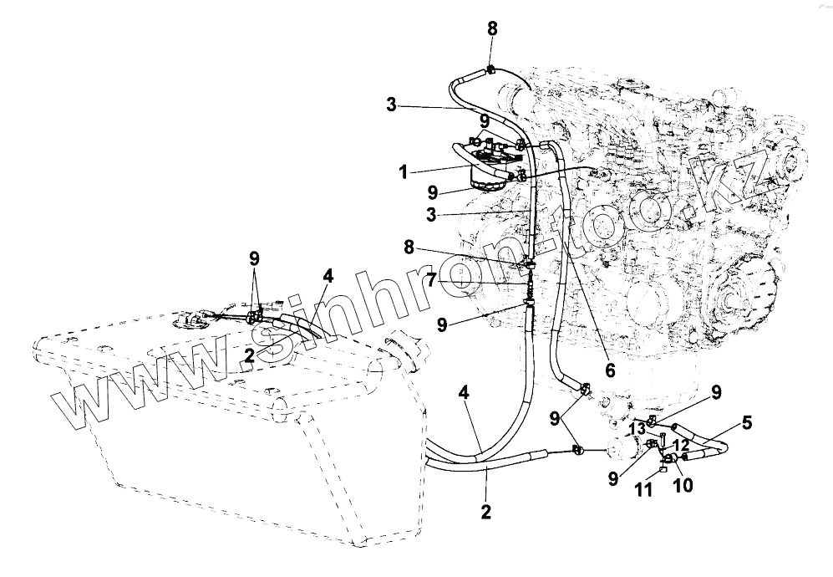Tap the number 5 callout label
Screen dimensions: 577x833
(746, 423)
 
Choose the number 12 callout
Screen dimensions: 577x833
(682, 445)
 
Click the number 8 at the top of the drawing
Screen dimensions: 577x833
(492, 28)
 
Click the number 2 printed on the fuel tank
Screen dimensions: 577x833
(249, 355)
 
